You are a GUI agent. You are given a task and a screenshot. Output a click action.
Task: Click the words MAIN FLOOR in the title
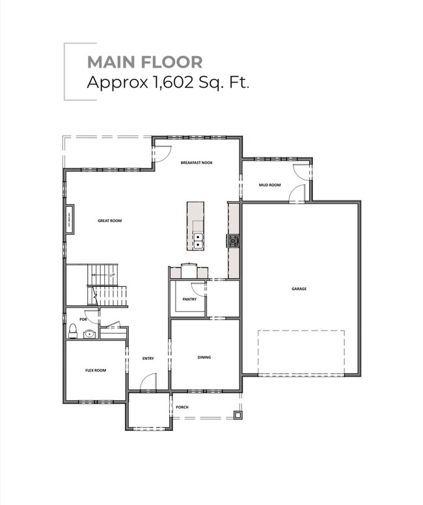click(x=144, y=62)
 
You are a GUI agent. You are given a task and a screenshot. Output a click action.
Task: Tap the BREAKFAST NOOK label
click(x=197, y=163)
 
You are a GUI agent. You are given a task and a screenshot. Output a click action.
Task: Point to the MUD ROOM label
click(x=269, y=185)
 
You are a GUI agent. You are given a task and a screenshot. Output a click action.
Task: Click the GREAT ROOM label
click(x=109, y=221)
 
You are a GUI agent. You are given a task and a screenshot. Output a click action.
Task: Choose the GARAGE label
click(x=299, y=288)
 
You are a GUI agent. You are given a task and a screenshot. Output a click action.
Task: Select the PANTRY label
click(x=189, y=299)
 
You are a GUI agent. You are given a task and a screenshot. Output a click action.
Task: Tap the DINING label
click(x=204, y=357)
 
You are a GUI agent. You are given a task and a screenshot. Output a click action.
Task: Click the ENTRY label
click(x=148, y=359)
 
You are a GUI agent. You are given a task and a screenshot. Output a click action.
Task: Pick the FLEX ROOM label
click(x=96, y=370)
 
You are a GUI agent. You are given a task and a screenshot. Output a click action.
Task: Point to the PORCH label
click(x=182, y=407)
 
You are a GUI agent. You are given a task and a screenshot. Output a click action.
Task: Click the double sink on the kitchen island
click(x=197, y=241)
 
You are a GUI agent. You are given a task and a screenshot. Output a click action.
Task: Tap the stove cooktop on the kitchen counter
click(x=232, y=241)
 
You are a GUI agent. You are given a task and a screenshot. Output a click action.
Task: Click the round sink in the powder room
click(x=89, y=334)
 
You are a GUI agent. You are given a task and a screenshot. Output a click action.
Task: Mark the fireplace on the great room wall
click(x=68, y=220)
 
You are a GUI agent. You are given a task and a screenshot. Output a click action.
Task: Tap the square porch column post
click(x=238, y=413)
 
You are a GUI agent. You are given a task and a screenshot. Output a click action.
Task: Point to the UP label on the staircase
click(x=112, y=275)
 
